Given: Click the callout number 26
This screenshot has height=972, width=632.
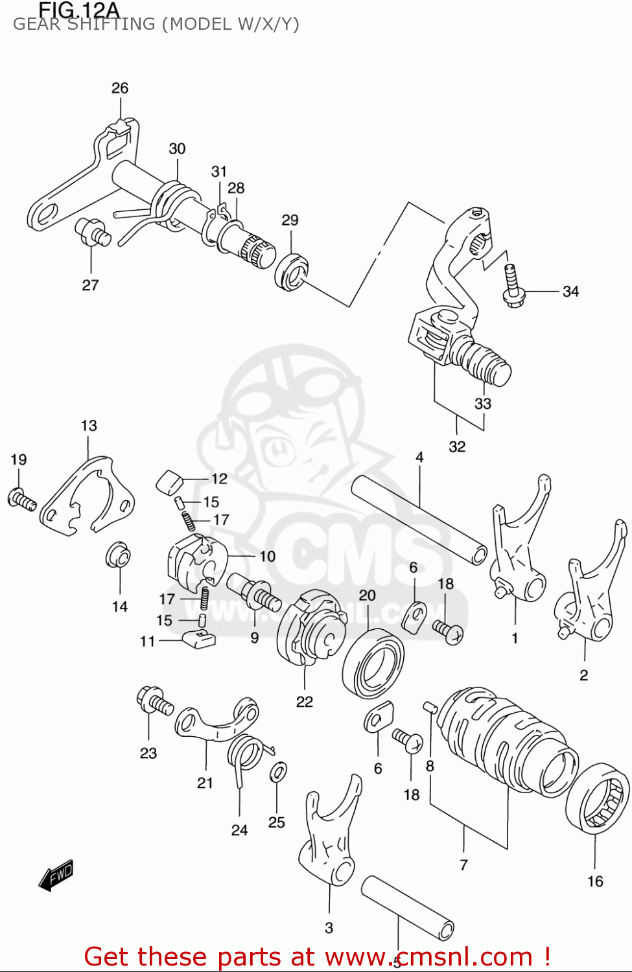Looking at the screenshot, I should pos(120,88).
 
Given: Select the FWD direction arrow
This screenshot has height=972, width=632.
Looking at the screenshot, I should pos(56,875).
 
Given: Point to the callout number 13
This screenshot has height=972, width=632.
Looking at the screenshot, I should pos(89,426).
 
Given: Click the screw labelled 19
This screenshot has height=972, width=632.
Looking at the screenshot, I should pos(21,500).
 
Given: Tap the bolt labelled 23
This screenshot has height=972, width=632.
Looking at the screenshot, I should pos(154,702).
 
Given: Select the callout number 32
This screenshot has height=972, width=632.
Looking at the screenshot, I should pos(457,446).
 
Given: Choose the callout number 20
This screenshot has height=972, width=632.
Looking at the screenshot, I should pos(368,596).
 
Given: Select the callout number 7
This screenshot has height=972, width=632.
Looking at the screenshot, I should pos(463,864).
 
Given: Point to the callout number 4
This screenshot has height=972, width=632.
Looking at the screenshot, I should pos(419,457).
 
